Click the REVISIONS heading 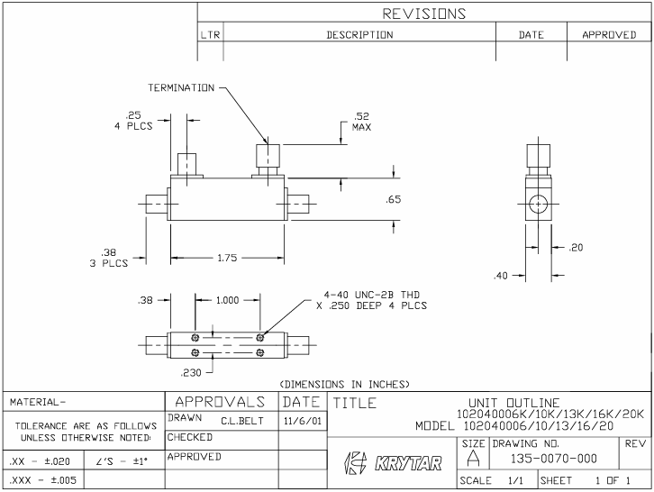click(x=424, y=14)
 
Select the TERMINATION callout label click(x=181, y=88)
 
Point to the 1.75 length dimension click(x=227, y=259)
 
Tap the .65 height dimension click(x=394, y=200)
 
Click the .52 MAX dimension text click(x=361, y=121)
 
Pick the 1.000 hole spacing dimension click(x=228, y=301)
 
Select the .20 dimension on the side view click(x=577, y=248)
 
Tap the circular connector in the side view click(x=538, y=203)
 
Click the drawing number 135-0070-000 click(x=540, y=460)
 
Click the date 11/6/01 click(x=304, y=420)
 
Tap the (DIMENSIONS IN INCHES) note click(x=345, y=384)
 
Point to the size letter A click(x=474, y=460)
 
